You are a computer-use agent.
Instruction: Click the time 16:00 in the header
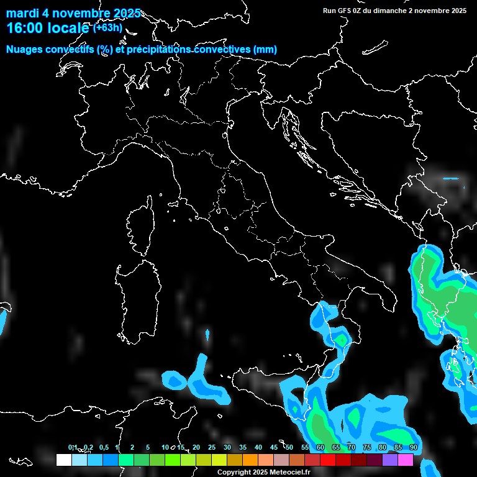click(x=23, y=28)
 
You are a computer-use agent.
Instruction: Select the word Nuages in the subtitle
click(x=25, y=50)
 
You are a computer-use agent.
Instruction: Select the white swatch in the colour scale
click(x=63, y=460)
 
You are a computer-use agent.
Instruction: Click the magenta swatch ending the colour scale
click(x=406, y=460)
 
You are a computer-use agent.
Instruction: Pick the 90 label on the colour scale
click(x=414, y=447)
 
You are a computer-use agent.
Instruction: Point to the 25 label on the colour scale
click(x=212, y=447)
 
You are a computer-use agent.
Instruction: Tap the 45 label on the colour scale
click(x=274, y=447)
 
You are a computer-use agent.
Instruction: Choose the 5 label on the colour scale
click(x=148, y=447)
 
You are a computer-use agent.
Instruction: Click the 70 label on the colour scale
click(x=352, y=447)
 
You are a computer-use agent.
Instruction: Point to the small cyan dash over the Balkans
click(x=450, y=179)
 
